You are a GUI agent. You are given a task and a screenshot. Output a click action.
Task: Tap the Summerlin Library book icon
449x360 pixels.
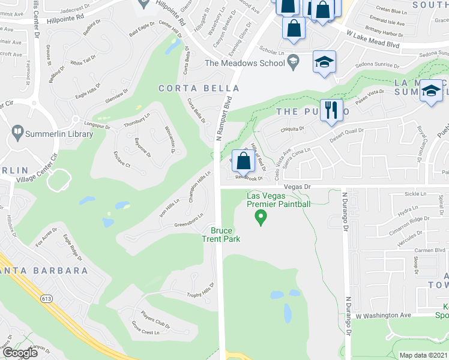[17, 132]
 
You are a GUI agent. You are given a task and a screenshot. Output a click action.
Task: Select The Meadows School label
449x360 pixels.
[245, 62]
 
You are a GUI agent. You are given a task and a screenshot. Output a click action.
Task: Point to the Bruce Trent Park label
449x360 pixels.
[225, 235]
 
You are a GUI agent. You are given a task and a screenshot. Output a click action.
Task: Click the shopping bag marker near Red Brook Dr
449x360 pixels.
[243, 161]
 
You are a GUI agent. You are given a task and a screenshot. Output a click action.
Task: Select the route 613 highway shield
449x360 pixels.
[46, 298]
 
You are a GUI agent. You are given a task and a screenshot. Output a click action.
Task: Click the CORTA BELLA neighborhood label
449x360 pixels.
[185, 88]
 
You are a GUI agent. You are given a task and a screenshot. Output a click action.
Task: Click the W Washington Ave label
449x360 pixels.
[383, 315]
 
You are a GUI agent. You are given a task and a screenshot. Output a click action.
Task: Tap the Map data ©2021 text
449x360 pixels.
[423, 355]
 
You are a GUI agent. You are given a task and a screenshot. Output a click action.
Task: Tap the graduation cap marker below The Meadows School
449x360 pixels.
[324, 62]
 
